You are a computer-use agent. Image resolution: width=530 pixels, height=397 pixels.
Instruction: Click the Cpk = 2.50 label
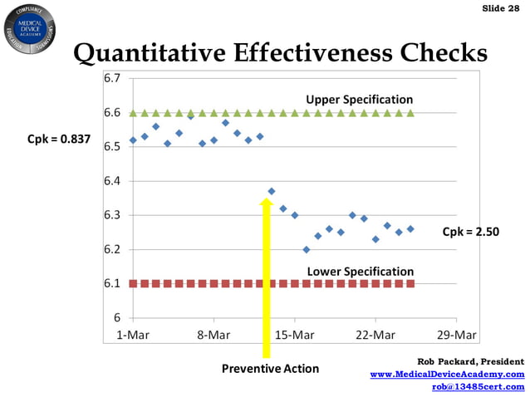click(470, 233)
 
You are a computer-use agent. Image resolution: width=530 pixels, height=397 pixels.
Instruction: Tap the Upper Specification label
click(359, 100)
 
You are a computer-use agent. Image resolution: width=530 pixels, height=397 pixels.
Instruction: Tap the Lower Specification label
click(360, 272)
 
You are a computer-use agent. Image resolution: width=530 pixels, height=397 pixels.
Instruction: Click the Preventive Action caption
click(270, 368)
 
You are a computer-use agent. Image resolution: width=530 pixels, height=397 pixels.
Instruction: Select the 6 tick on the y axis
click(118, 318)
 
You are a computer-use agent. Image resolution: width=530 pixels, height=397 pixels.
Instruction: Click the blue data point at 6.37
click(272, 192)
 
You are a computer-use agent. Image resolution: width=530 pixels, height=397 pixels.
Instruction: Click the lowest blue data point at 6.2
click(306, 249)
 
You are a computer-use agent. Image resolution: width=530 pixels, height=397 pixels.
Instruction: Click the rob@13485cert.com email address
click(478, 386)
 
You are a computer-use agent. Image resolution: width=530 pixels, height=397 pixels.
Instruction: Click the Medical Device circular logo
click(29, 28)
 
